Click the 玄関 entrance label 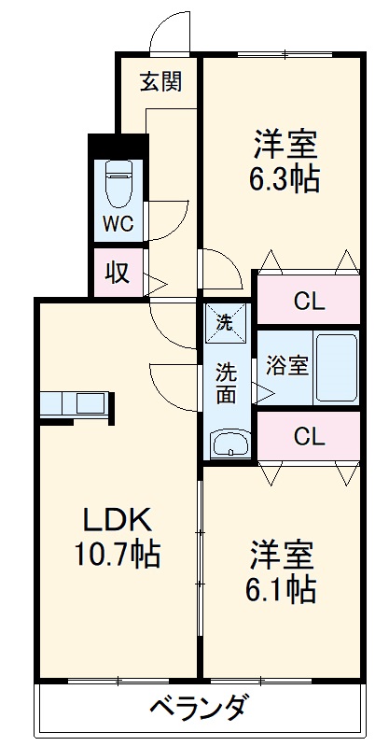coord(161,82)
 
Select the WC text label coord(118,225)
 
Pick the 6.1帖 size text coord(281,589)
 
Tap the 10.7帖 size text coord(118,556)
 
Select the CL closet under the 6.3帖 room coord(308,301)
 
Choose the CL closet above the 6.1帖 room coord(308,436)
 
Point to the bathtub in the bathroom coord(335,366)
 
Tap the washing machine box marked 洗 coord(226,322)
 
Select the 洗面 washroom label coord(227,381)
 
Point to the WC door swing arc coord(166,220)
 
